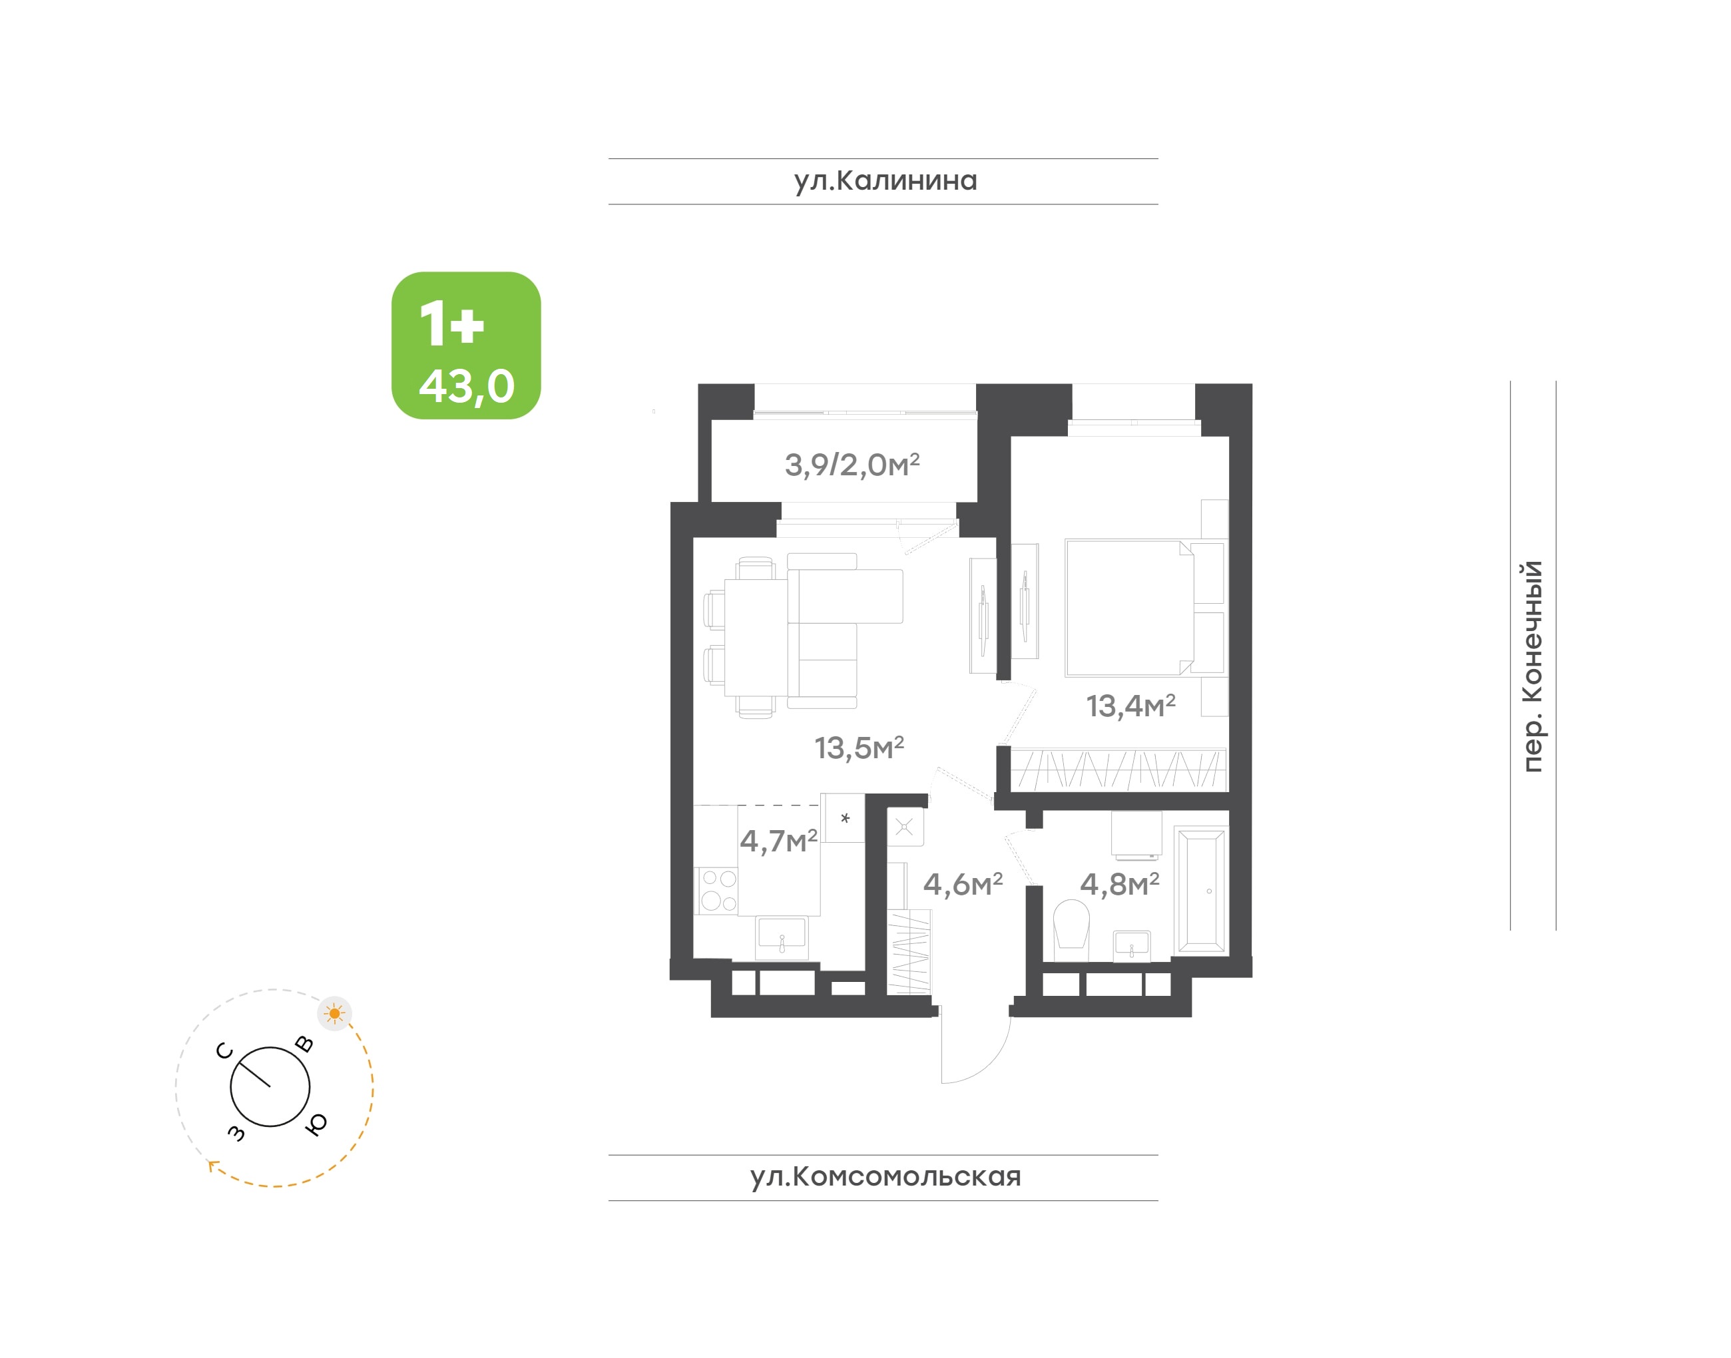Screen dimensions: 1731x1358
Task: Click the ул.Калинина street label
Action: tap(885, 181)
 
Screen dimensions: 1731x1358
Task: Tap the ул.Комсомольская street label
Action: tap(885, 1177)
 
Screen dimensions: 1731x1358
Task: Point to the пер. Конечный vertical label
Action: tap(1531, 666)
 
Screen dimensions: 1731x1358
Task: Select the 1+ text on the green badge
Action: tap(451, 324)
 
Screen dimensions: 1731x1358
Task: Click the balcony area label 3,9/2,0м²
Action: tap(852, 465)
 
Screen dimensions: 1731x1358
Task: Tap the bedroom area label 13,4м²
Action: tap(1130, 705)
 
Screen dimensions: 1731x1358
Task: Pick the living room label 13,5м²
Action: tap(859, 748)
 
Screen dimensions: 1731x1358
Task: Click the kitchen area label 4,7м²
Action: tap(778, 840)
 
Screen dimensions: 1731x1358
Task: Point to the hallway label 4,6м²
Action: tap(963, 884)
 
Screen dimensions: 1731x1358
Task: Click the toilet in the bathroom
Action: tap(1071, 929)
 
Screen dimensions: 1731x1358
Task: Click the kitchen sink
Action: tap(782, 937)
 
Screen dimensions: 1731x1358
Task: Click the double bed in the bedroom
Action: tap(1145, 608)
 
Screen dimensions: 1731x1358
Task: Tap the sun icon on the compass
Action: tap(335, 1014)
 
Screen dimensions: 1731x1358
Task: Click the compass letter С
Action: tap(225, 1051)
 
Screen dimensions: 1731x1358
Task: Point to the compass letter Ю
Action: tap(316, 1124)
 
